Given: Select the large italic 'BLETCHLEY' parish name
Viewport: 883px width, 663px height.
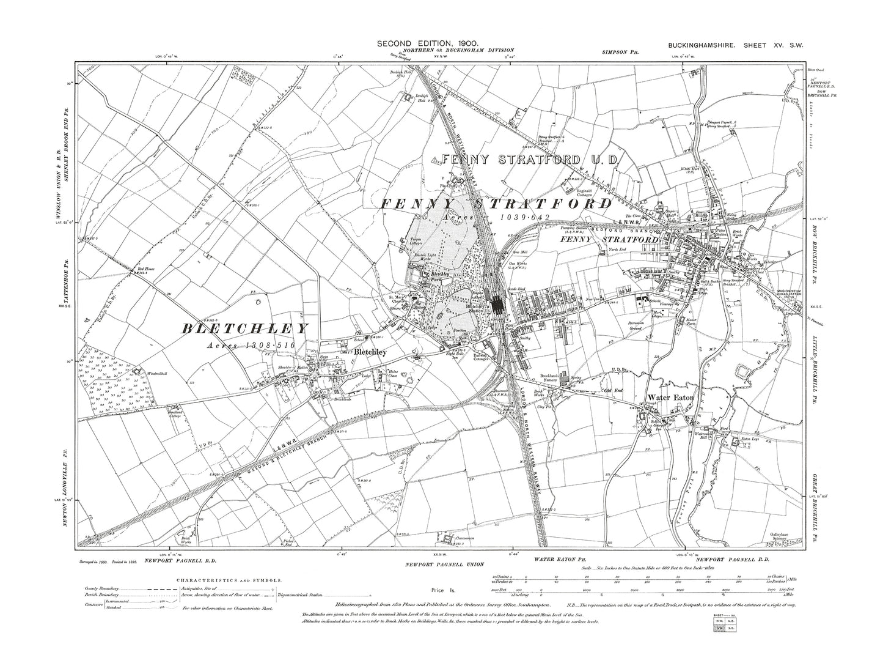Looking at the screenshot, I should point(245,328).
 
